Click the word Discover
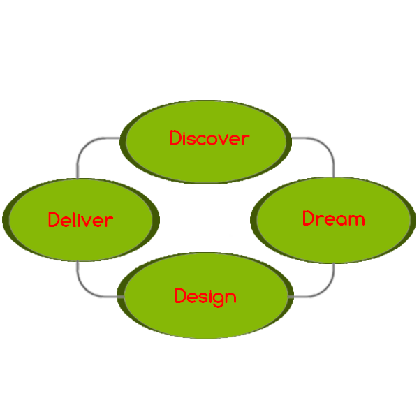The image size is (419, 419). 209,138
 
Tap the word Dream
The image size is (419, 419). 333,219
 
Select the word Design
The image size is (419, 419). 205,296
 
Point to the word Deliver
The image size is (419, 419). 80,220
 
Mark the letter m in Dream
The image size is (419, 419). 357,220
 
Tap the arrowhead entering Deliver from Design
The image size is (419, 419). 82,270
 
